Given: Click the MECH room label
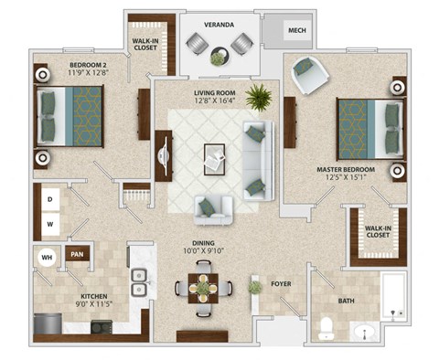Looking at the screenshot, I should click(296, 31).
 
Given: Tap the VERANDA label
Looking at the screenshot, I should click(219, 22).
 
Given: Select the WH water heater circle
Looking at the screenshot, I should click(46, 258).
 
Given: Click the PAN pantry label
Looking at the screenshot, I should click(78, 255).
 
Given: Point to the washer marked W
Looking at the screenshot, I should click(51, 222).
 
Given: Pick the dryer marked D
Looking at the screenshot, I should click(51, 197).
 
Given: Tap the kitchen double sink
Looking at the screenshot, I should click(138, 281).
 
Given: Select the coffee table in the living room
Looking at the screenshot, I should click(215, 157).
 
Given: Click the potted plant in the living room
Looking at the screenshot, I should click(259, 96).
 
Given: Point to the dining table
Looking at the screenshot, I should click(205, 288).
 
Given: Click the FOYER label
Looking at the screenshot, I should click(281, 284).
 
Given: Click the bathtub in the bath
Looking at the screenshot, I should click(393, 298).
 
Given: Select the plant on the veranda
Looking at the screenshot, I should click(218, 58).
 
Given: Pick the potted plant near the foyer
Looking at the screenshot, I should click(254, 288).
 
